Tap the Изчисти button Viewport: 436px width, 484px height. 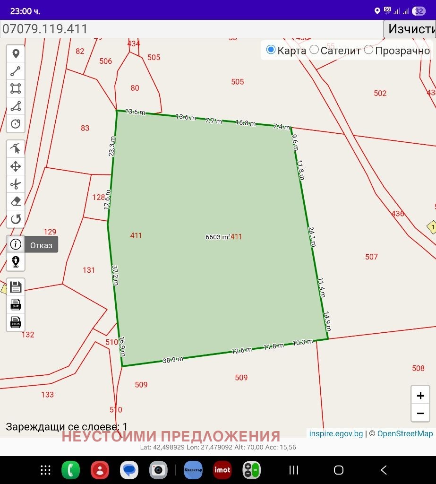[x=410, y=29]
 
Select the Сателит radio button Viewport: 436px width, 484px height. [x=315, y=50]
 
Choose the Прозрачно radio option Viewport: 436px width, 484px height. [x=368, y=50]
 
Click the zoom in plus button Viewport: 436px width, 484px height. [x=420, y=396]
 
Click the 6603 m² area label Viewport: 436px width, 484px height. [x=218, y=237]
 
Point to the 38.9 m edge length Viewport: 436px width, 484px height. [x=173, y=360]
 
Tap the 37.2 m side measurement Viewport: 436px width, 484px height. [x=115, y=275]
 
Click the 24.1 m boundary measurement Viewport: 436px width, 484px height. [x=312, y=236]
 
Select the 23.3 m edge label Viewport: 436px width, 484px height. [x=112, y=146]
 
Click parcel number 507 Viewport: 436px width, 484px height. [x=371, y=257]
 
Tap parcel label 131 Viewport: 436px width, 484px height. [x=89, y=270]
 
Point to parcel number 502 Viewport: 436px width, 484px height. [x=380, y=93]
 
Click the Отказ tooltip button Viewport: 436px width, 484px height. [x=41, y=245]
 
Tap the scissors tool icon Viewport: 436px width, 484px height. [x=16, y=184]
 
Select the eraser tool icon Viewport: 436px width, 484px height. [x=16, y=201]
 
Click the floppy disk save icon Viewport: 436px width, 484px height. [x=16, y=287]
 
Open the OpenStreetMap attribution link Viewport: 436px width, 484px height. [x=405, y=433]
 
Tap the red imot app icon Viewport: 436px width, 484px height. [x=222, y=470]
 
